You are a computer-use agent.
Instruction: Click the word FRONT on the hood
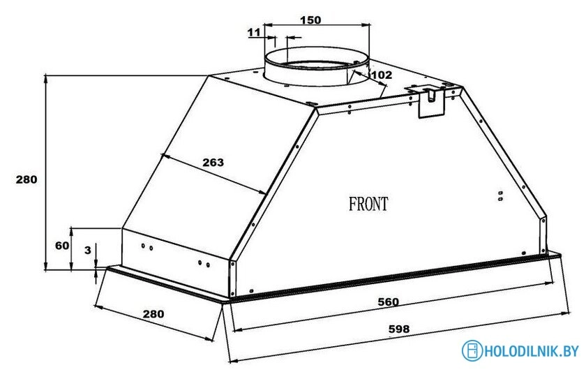point(368,204)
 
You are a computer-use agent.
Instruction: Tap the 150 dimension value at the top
point(311,20)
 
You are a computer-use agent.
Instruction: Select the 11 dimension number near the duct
point(254,33)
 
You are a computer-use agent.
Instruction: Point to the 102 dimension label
point(382,75)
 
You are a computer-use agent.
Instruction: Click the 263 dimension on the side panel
point(213,162)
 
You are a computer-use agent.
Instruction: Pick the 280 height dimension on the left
point(27,179)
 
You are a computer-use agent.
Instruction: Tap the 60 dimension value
point(62,246)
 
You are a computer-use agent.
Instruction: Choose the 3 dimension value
point(88,250)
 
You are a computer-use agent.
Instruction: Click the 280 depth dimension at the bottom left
point(153,313)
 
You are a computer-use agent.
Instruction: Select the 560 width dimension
point(389,302)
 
